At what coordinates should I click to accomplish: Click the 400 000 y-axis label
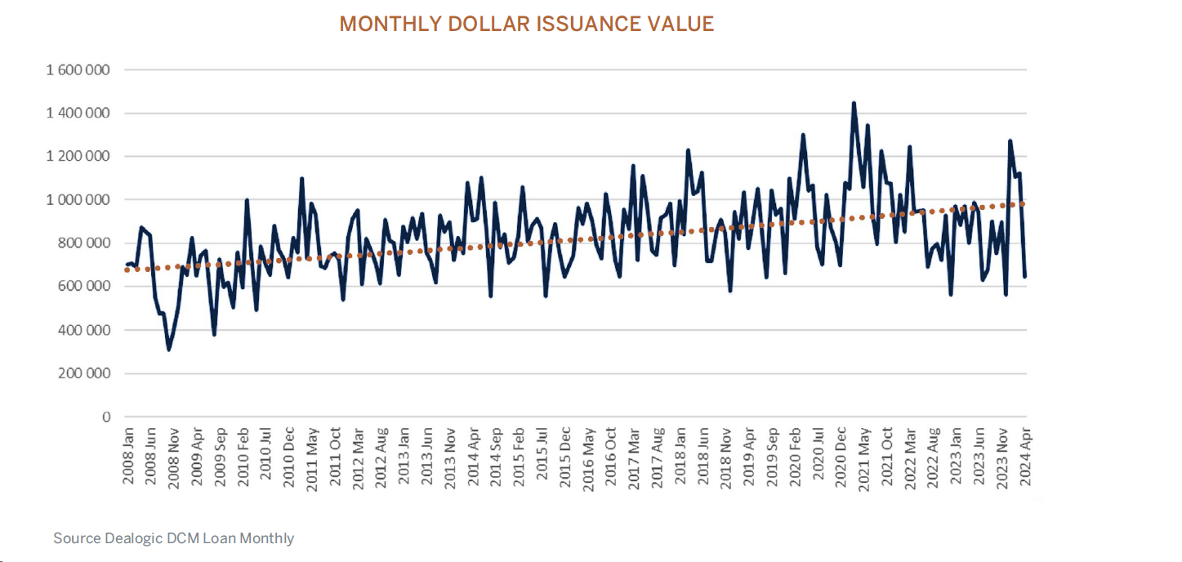click(x=84, y=330)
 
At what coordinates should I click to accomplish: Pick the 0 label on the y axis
click(x=106, y=417)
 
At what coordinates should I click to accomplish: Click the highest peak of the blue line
click(x=854, y=103)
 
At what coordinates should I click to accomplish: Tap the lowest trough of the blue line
click(x=169, y=350)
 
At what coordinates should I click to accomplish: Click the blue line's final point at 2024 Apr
click(x=1024, y=276)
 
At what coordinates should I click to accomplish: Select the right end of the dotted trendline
click(x=1024, y=203)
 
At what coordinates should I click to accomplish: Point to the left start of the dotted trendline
click(x=126, y=270)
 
